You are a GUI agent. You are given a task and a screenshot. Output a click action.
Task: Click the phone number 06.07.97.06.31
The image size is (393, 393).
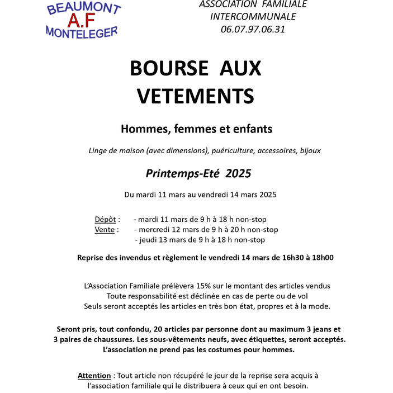point(253,29)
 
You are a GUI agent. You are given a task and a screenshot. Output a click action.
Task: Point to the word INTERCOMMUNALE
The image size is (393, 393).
point(253,16)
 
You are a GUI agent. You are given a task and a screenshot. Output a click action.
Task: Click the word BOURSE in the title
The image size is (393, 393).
point(168,68)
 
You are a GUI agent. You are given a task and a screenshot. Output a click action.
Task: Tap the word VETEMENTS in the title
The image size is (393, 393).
point(196,96)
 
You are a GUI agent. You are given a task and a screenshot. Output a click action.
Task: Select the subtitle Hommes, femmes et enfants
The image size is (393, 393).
point(196,129)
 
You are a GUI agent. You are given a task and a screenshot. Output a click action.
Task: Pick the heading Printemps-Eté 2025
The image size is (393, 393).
point(198,173)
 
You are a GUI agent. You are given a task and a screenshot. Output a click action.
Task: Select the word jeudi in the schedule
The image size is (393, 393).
point(146,240)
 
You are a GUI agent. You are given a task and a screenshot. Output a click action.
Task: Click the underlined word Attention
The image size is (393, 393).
point(94,376)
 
